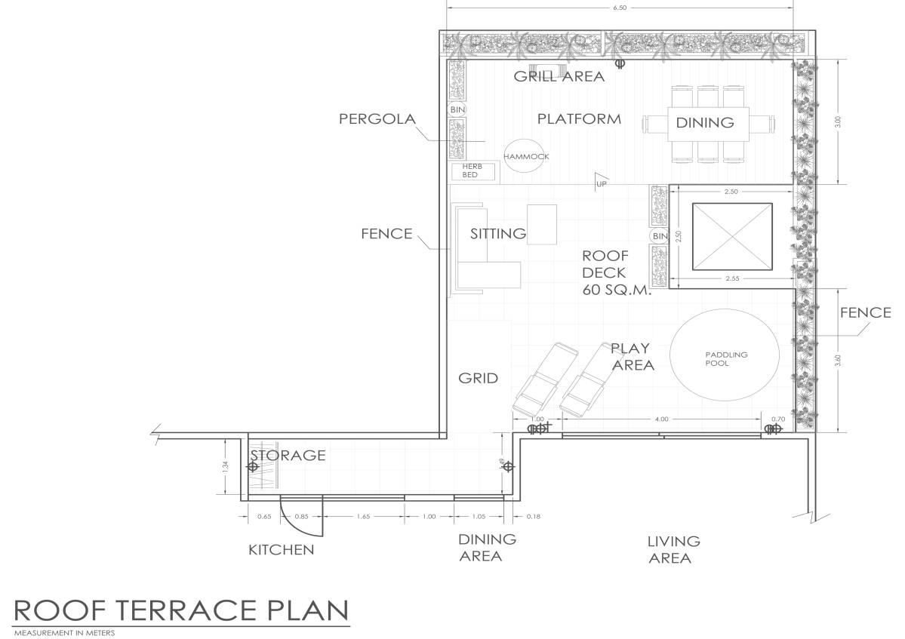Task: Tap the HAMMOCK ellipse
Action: click(x=526, y=157)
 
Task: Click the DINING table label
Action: click(x=704, y=122)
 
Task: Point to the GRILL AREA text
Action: click(x=559, y=76)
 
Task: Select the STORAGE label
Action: click(x=288, y=455)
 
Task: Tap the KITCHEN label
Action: click(x=281, y=550)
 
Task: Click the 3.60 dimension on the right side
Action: click(x=836, y=361)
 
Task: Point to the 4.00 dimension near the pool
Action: click(x=661, y=419)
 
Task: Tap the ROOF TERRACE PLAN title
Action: click(x=181, y=610)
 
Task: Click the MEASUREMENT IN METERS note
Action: click(x=64, y=633)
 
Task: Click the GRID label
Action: click(x=478, y=378)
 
